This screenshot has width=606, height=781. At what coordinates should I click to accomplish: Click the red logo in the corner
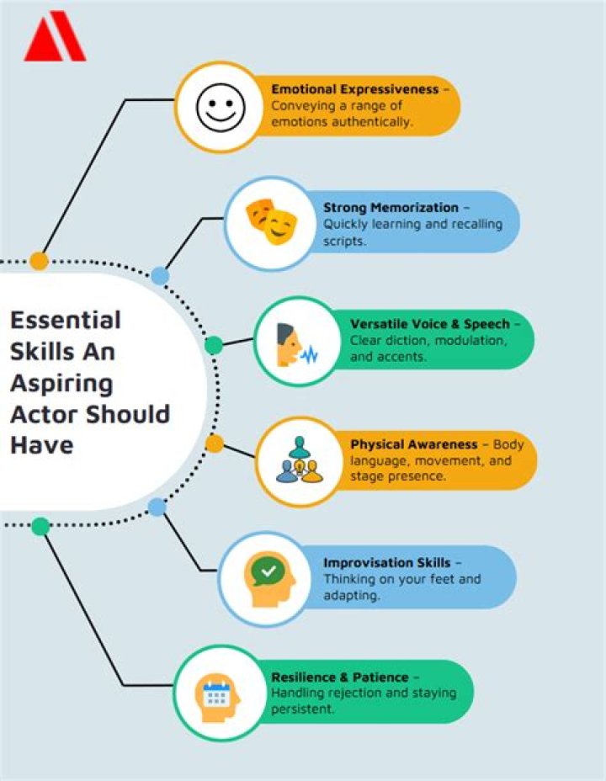point(55,36)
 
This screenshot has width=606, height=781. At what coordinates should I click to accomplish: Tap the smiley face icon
point(221,107)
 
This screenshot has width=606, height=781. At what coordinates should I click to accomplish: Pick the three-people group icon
point(300,460)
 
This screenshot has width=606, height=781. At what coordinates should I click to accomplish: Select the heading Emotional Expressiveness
point(355,90)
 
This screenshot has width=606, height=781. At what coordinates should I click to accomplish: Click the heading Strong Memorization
point(391,208)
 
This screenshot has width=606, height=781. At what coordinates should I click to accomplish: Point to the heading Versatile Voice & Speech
point(430,324)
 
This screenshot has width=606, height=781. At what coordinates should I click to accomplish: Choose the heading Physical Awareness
point(414,444)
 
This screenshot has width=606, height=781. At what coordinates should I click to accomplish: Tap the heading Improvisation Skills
point(387,563)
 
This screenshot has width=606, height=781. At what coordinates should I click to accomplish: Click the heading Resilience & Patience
point(339,677)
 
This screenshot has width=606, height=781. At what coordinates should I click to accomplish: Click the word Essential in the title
point(66,321)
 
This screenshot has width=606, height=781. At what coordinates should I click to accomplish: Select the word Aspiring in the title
point(61,384)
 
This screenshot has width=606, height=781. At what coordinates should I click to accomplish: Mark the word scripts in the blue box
point(344,241)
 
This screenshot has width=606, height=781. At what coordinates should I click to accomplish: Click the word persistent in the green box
point(302,709)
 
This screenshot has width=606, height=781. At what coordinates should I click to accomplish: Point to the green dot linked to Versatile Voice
point(214,345)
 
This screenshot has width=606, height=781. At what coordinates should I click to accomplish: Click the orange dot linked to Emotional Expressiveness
point(39,261)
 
